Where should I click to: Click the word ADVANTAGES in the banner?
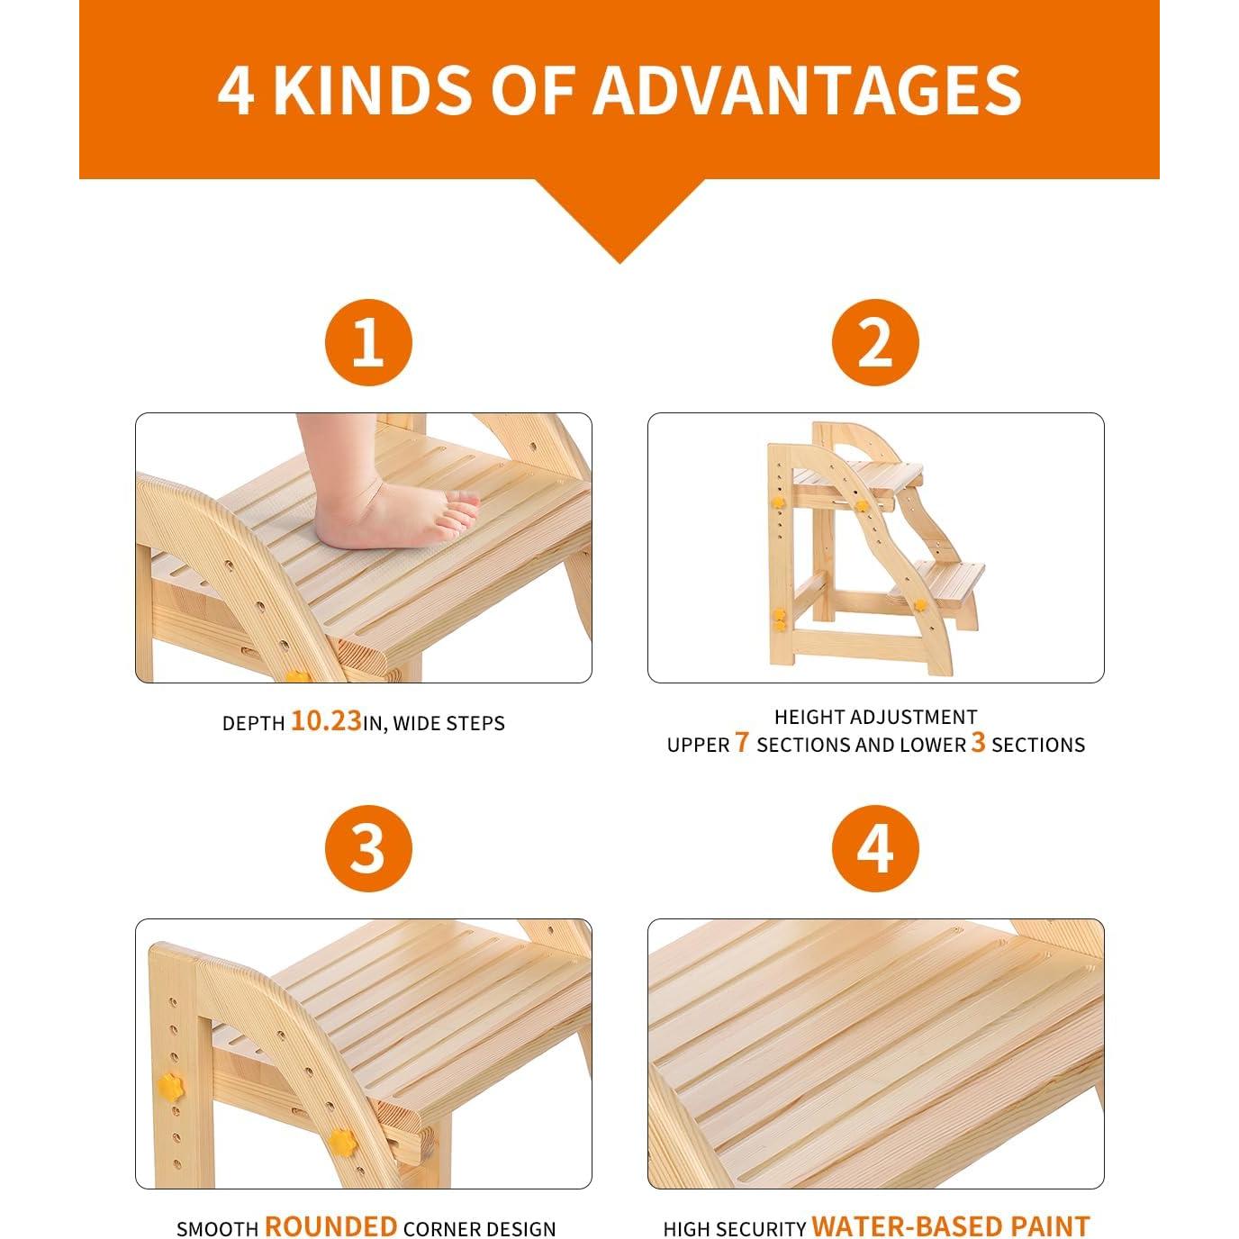point(806,90)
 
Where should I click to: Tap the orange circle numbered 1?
point(367,342)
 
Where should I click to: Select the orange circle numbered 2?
point(874,342)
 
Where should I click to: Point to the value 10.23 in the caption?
point(325,722)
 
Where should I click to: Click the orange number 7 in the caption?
point(741,744)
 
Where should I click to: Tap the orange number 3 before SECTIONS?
point(978,744)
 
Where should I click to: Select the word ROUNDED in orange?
point(330,1227)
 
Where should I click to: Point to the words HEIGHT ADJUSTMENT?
point(875,717)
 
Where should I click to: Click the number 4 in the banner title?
point(236,90)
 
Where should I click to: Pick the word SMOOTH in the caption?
point(216,1229)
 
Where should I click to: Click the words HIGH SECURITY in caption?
point(734,1229)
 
